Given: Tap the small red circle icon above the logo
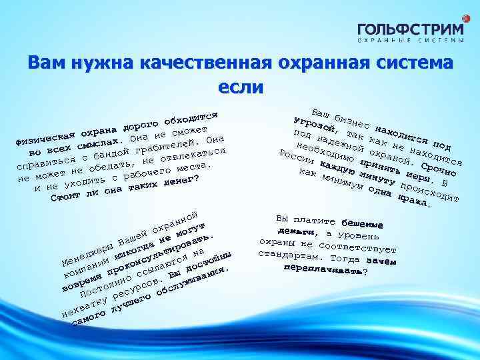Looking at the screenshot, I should (x=459, y=15).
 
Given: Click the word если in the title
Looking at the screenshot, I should (x=240, y=87).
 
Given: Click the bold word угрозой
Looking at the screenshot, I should (x=309, y=125).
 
